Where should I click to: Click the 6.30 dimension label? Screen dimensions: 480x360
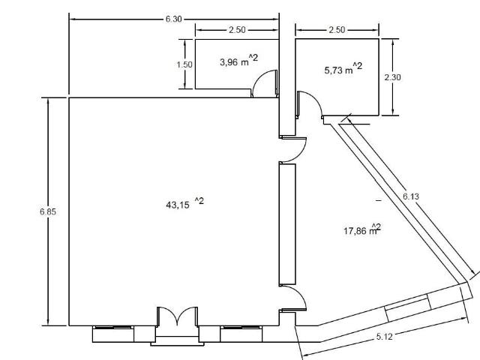pos(173,19)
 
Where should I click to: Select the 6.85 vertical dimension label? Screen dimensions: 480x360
pos(48,211)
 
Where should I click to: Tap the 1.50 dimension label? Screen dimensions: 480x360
pos(184,64)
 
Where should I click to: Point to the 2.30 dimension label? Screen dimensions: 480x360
pos(392,77)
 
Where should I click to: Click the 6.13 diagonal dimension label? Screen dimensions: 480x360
pos(411,196)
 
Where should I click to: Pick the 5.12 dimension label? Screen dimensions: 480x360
pos(384,337)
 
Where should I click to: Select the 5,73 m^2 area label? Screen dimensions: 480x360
pos(343,68)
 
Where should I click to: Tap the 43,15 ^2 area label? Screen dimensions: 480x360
pos(184,203)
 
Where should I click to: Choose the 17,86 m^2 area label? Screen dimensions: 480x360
pos(362,229)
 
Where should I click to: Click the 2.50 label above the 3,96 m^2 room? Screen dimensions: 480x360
pos(237,30)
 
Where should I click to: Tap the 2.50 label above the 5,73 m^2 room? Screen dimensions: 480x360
pos(337,30)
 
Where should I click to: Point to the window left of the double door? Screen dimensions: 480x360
pos(113,334)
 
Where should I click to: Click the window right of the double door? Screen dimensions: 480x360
pos(241,334)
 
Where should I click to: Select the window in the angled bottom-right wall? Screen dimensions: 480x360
pos(408,307)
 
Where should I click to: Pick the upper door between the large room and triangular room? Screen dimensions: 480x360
pos(293,149)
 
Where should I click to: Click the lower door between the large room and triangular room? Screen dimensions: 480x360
pos(293,298)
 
